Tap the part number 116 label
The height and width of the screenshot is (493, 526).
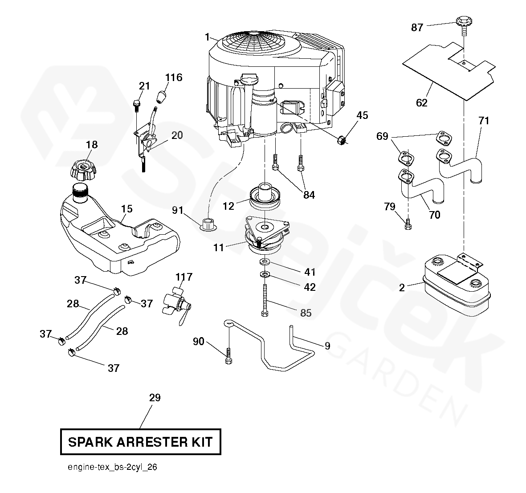174,77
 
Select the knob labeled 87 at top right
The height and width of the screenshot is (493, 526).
464,23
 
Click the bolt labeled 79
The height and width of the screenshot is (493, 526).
408,224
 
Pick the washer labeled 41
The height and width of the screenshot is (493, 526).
265,262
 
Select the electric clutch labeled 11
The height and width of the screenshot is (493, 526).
265,233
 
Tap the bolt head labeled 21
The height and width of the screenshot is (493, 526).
137,105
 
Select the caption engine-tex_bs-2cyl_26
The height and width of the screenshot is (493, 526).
112,468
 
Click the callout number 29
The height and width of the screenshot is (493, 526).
155,398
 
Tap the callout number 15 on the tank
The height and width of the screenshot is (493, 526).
126,208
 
